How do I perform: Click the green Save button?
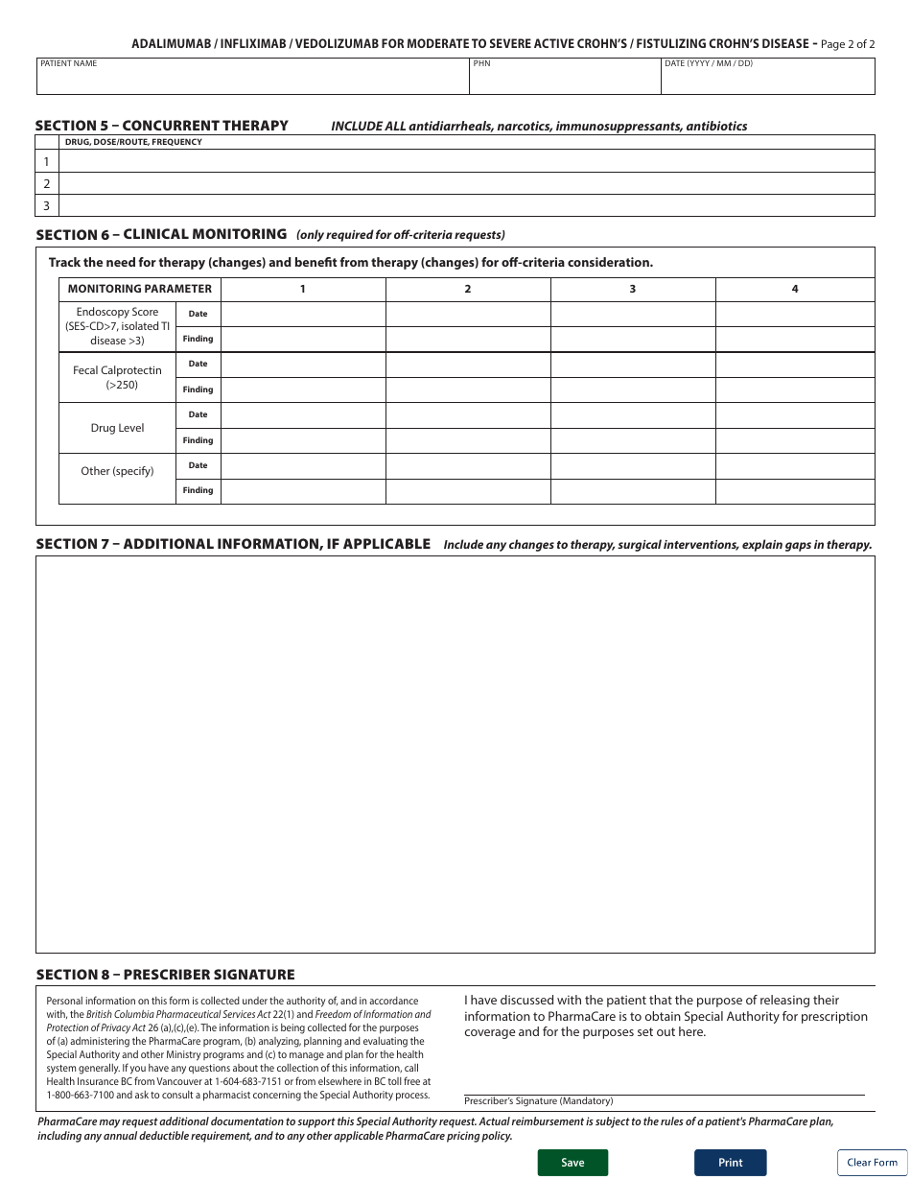(572, 1162)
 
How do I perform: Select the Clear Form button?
(872, 1162)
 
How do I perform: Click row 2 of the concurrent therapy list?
(467, 183)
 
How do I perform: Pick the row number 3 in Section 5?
(46, 205)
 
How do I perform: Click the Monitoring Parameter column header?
(140, 289)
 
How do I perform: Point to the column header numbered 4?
(794, 289)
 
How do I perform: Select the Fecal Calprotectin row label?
(117, 377)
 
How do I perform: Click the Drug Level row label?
(117, 428)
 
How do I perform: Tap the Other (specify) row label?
(117, 471)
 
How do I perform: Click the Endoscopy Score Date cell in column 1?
(303, 314)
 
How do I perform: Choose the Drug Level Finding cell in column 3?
(632, 440)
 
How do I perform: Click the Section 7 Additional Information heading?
(233, 544)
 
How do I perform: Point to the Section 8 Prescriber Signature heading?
(165, 975)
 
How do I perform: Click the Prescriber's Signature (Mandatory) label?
(539, 1101)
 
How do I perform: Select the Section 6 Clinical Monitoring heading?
(161, 234)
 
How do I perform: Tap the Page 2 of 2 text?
(848, 44)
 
